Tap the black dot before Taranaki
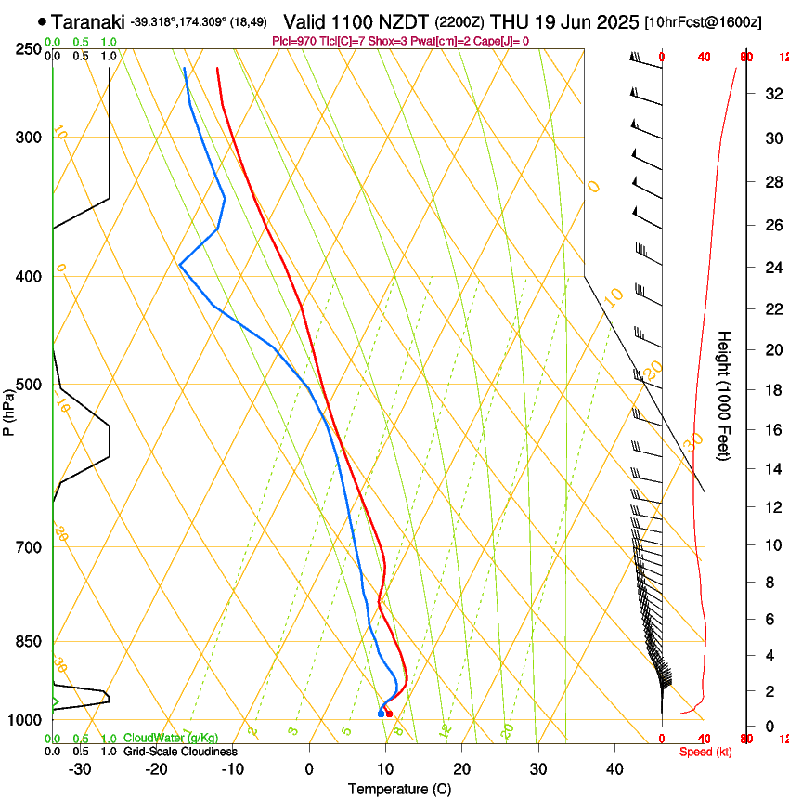(x=42, y=20)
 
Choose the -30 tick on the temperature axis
(x=80, y=769)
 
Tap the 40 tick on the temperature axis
(x=614, y=769)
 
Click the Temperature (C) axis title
(x=399, y=789)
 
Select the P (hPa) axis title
(x=9, y=412)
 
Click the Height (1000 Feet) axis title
(x=725, y=395)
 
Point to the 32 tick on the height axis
(x=770, y=94)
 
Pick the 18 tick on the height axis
(x=770, y=390)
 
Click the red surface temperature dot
(x=389, y=714)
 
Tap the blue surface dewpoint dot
(x=381, y=714)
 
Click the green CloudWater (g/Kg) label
(x=171, y=739)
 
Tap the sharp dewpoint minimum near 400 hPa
(x=179, y=265)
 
